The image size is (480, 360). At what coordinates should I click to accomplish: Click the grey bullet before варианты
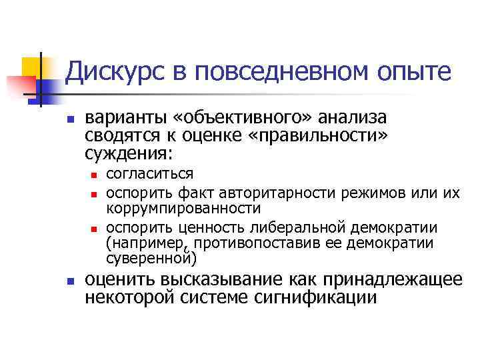click(69, 121)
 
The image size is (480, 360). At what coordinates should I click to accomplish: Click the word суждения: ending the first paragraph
click(129, 154)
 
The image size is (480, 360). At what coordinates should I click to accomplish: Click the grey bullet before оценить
click(69, 281)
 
